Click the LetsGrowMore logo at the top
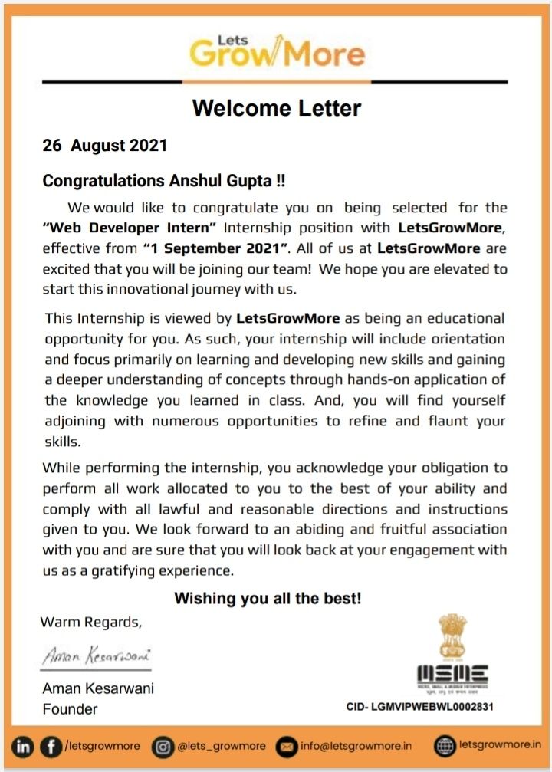[x=277, y=51]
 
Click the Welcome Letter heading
[x=276, y=108]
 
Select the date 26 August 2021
[x=104, y=146]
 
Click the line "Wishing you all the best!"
[x=268, y=599]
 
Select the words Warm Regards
[x=91, y=621]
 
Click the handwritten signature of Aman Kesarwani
[x=96, y=657]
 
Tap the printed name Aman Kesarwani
[x=97, y=688]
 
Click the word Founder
[x=70, y=709]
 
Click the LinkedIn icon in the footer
[x=24, y=745]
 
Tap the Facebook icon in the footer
[x=51, y=745]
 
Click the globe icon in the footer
[x=445, y=745]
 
